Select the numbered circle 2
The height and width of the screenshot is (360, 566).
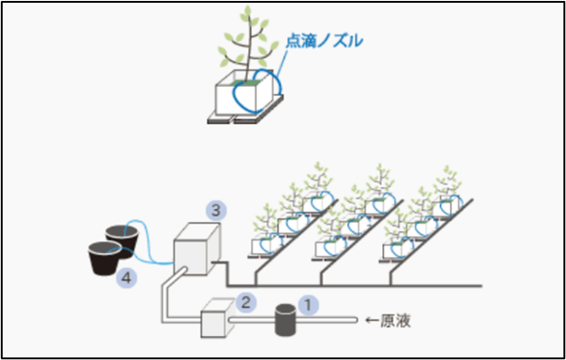click(244, 299)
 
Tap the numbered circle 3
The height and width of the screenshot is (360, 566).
click(214, 209)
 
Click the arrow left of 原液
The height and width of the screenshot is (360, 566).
click(371, 321)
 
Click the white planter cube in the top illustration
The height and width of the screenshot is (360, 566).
click(242, 98)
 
